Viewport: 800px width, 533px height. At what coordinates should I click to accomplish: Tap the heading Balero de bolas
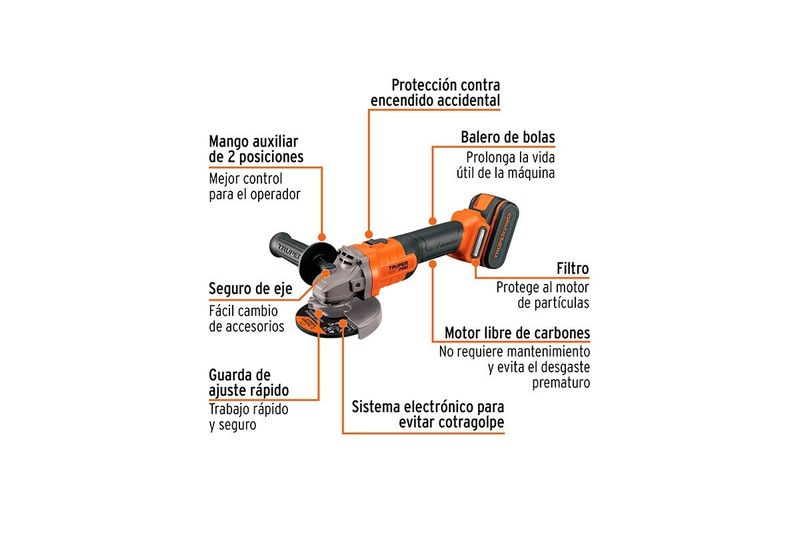click(x=508, y=137)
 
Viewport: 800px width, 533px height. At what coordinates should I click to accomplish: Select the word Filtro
click(x=572, y=268)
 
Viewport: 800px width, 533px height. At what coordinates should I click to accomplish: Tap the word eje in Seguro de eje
click(x=281, y=289)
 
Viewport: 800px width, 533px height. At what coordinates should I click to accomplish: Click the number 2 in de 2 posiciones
click(x=231, y=157)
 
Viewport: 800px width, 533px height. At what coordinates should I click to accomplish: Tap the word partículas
click(x=561, y=303)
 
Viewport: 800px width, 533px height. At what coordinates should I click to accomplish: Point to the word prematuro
click(x=561, y=383)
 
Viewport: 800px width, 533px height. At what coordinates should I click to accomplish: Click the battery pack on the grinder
click(x=494, y=231)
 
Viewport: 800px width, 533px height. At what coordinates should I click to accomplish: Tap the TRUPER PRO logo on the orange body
click(x=399, y=267)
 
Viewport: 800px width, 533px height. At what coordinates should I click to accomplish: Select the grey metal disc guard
click(x=357, y=314)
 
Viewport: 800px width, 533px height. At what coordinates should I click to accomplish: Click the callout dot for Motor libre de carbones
click(x=433, y=264)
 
